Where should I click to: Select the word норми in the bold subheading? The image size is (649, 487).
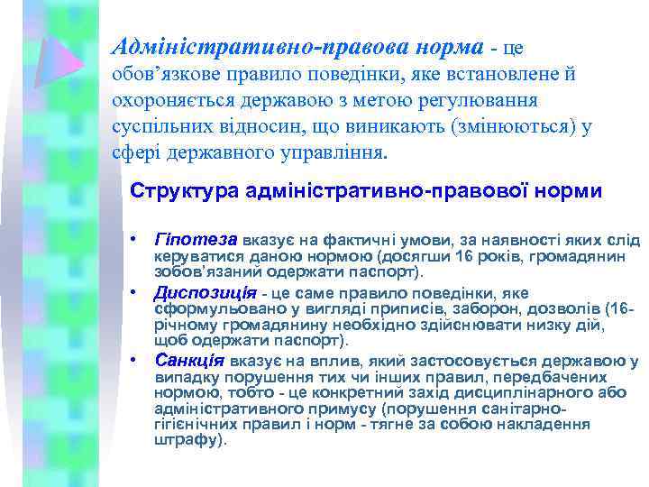coord(566,192)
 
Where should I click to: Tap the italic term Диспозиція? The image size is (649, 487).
coord(205,293)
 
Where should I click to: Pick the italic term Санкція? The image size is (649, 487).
coord(189,361)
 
